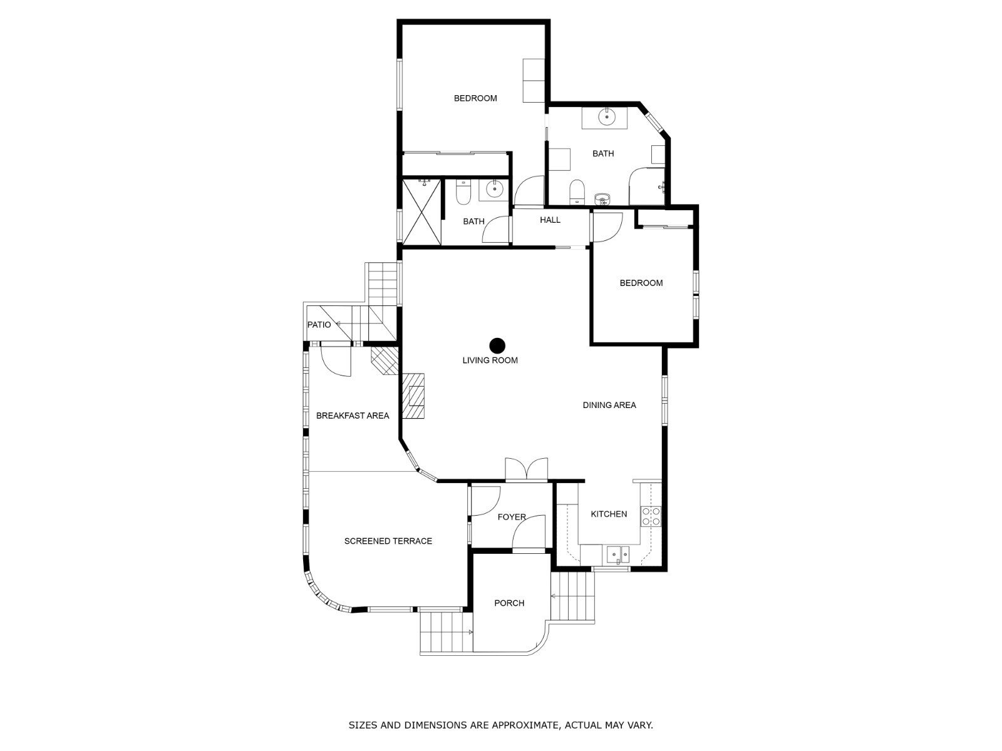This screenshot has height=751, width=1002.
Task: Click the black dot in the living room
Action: pos(497,345)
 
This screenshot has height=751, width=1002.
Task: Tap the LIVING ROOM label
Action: pos(490,360)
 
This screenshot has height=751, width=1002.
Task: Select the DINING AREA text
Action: pos(609,405)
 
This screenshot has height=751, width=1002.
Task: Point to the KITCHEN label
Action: pos(609,514)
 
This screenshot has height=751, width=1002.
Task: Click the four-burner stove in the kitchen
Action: pos(651,516)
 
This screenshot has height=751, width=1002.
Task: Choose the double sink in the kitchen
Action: pos(617,555)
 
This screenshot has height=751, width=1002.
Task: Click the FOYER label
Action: pos(511,517)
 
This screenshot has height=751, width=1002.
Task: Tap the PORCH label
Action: pos(509,603)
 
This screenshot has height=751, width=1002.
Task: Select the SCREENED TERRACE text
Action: pos(388,541)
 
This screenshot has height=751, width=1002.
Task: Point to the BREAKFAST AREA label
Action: pos(353,416)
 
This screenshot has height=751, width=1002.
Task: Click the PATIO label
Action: pos(319,325)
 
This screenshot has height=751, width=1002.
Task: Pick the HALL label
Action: pos(550,220)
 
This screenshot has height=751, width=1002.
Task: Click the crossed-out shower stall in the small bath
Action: pos(421,212)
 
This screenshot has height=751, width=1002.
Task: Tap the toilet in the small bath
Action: pos(463,192)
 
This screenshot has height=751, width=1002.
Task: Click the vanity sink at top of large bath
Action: pos(607,117)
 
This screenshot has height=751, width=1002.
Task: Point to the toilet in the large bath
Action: pos(577,192)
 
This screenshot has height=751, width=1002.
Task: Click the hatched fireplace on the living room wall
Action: pos(413,396)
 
